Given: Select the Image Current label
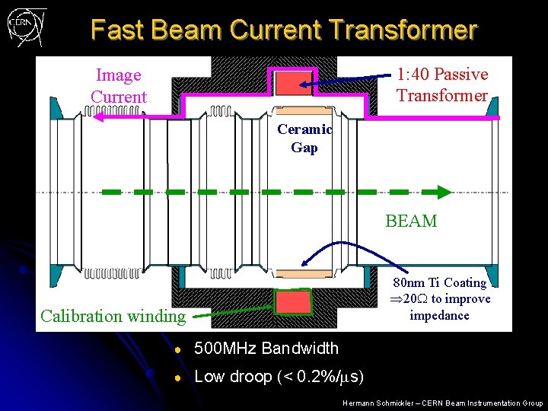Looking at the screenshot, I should click(118, 86).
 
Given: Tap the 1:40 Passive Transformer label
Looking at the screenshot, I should click(441, 84).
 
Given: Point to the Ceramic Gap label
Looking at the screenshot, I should click(304, 139).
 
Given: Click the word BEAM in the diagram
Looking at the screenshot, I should click(411, 221).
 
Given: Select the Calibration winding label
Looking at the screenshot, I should click(113, 316).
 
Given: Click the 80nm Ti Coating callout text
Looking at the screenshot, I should click(439, 299).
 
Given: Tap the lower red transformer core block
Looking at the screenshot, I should click(293, 302).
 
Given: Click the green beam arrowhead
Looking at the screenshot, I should click(441, 193).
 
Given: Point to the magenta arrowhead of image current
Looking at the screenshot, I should click(91, 114).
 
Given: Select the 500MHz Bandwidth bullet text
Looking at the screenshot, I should click(266, 349).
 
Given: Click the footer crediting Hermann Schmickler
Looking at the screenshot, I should click(442, 403).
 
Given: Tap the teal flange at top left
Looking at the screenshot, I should click(56, 107).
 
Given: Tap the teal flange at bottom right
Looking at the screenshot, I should click(492, 276).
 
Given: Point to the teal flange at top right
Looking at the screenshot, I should click(492, 107).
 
